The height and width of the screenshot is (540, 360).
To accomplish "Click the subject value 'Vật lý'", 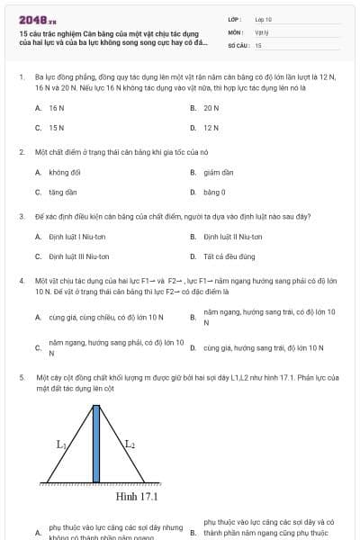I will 262,31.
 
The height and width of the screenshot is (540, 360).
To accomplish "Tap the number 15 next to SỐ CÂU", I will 258,44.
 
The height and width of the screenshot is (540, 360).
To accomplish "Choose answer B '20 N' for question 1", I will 211,107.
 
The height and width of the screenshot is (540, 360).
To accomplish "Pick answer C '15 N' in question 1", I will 56,128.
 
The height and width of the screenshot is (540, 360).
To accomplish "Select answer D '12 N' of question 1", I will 211,128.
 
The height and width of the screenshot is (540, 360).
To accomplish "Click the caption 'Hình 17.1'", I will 137,496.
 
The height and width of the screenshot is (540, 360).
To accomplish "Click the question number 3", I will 21,216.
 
